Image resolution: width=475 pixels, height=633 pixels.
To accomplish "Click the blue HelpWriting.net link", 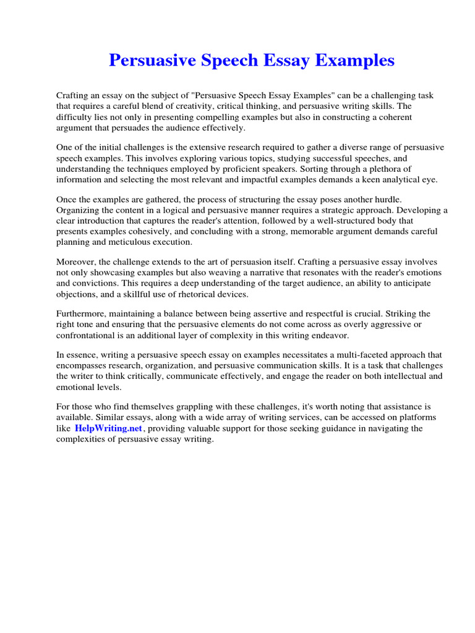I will click(109, 428).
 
